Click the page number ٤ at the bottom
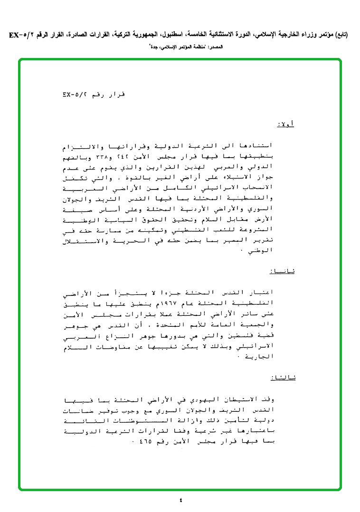[x=180, y=499]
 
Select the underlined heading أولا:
[x=285, y=124]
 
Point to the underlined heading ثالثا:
[x=282, y=378]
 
